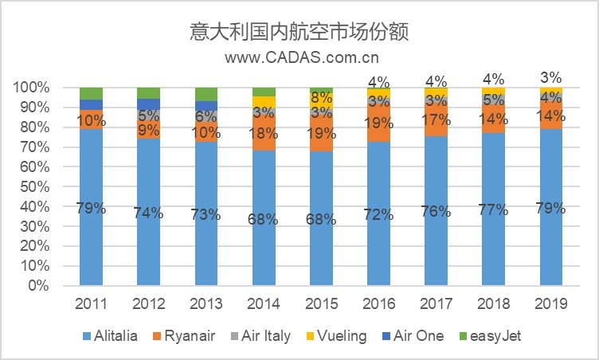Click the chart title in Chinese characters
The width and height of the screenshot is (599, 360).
[x=300, y=33]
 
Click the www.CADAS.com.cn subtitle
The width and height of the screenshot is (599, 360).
[x=300, y=57]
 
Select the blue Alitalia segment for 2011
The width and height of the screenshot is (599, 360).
[x=91, y=207]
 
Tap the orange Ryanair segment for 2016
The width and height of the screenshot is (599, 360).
[x=378, y=123]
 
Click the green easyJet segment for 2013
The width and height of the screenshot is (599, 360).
[x=206, y=94]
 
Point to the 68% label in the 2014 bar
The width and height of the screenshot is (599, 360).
[x=264, y=219]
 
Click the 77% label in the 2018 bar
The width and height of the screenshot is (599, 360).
[x=494, y=211]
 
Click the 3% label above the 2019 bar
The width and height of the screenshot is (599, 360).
[x=551, y=77]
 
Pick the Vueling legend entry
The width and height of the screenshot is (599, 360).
[x=339, y=336]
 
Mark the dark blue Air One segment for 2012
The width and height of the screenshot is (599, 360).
[x=148, y=104]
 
